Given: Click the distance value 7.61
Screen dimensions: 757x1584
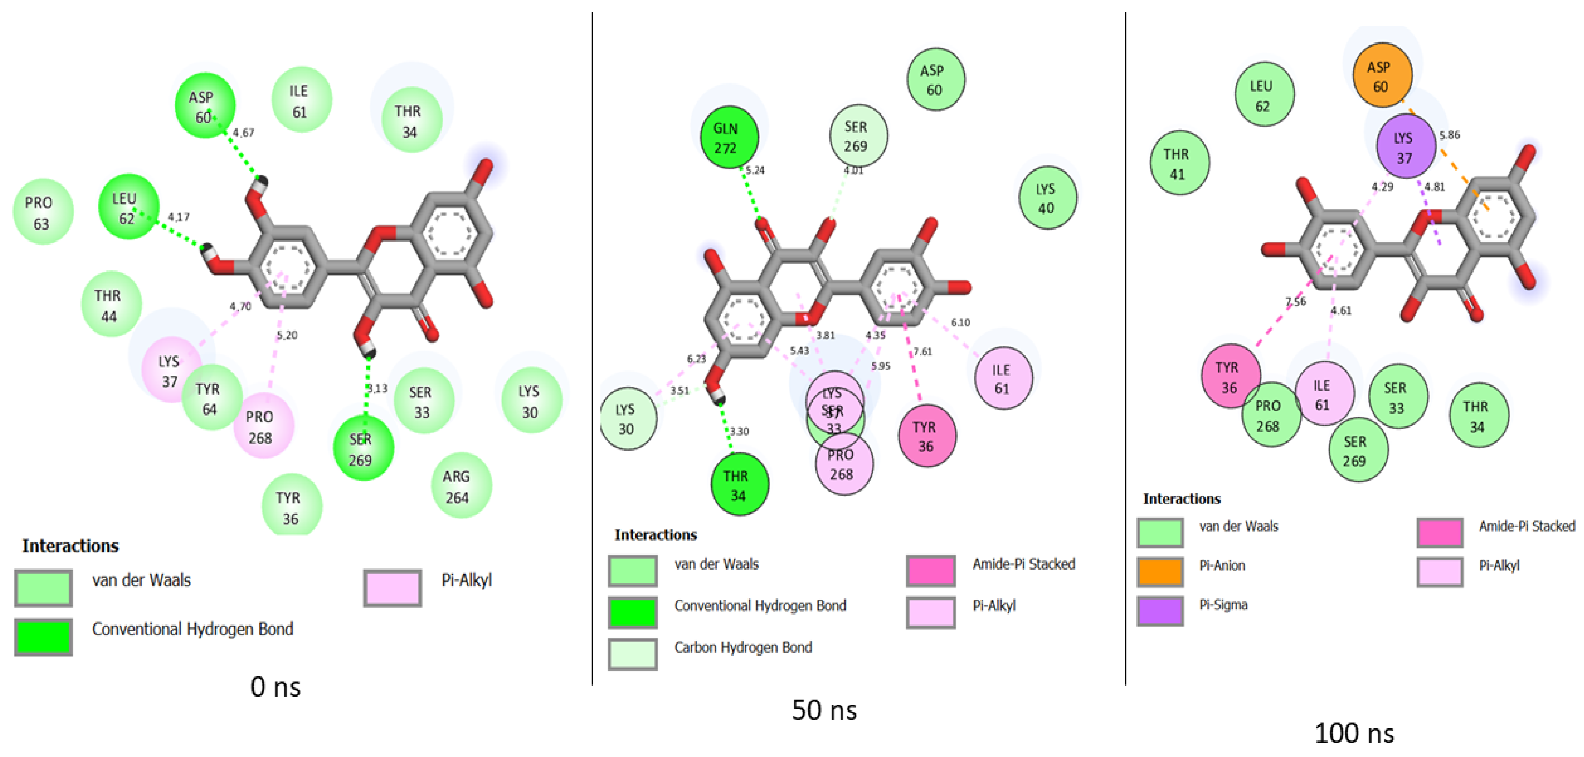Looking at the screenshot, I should point(922,351).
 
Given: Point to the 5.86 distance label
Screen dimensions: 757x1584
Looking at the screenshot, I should point(1449,135).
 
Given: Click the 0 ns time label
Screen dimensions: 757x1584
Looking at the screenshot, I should point(275,687).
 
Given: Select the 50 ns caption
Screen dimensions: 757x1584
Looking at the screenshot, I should point(824,710).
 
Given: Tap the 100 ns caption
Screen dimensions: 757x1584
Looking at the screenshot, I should point(1354,733).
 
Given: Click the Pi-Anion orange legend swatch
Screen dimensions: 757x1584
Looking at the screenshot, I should point(1160,571).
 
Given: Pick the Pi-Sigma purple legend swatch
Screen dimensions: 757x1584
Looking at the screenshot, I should point(1160,610).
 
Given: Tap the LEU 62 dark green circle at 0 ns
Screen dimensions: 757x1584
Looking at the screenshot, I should point(128,208).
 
